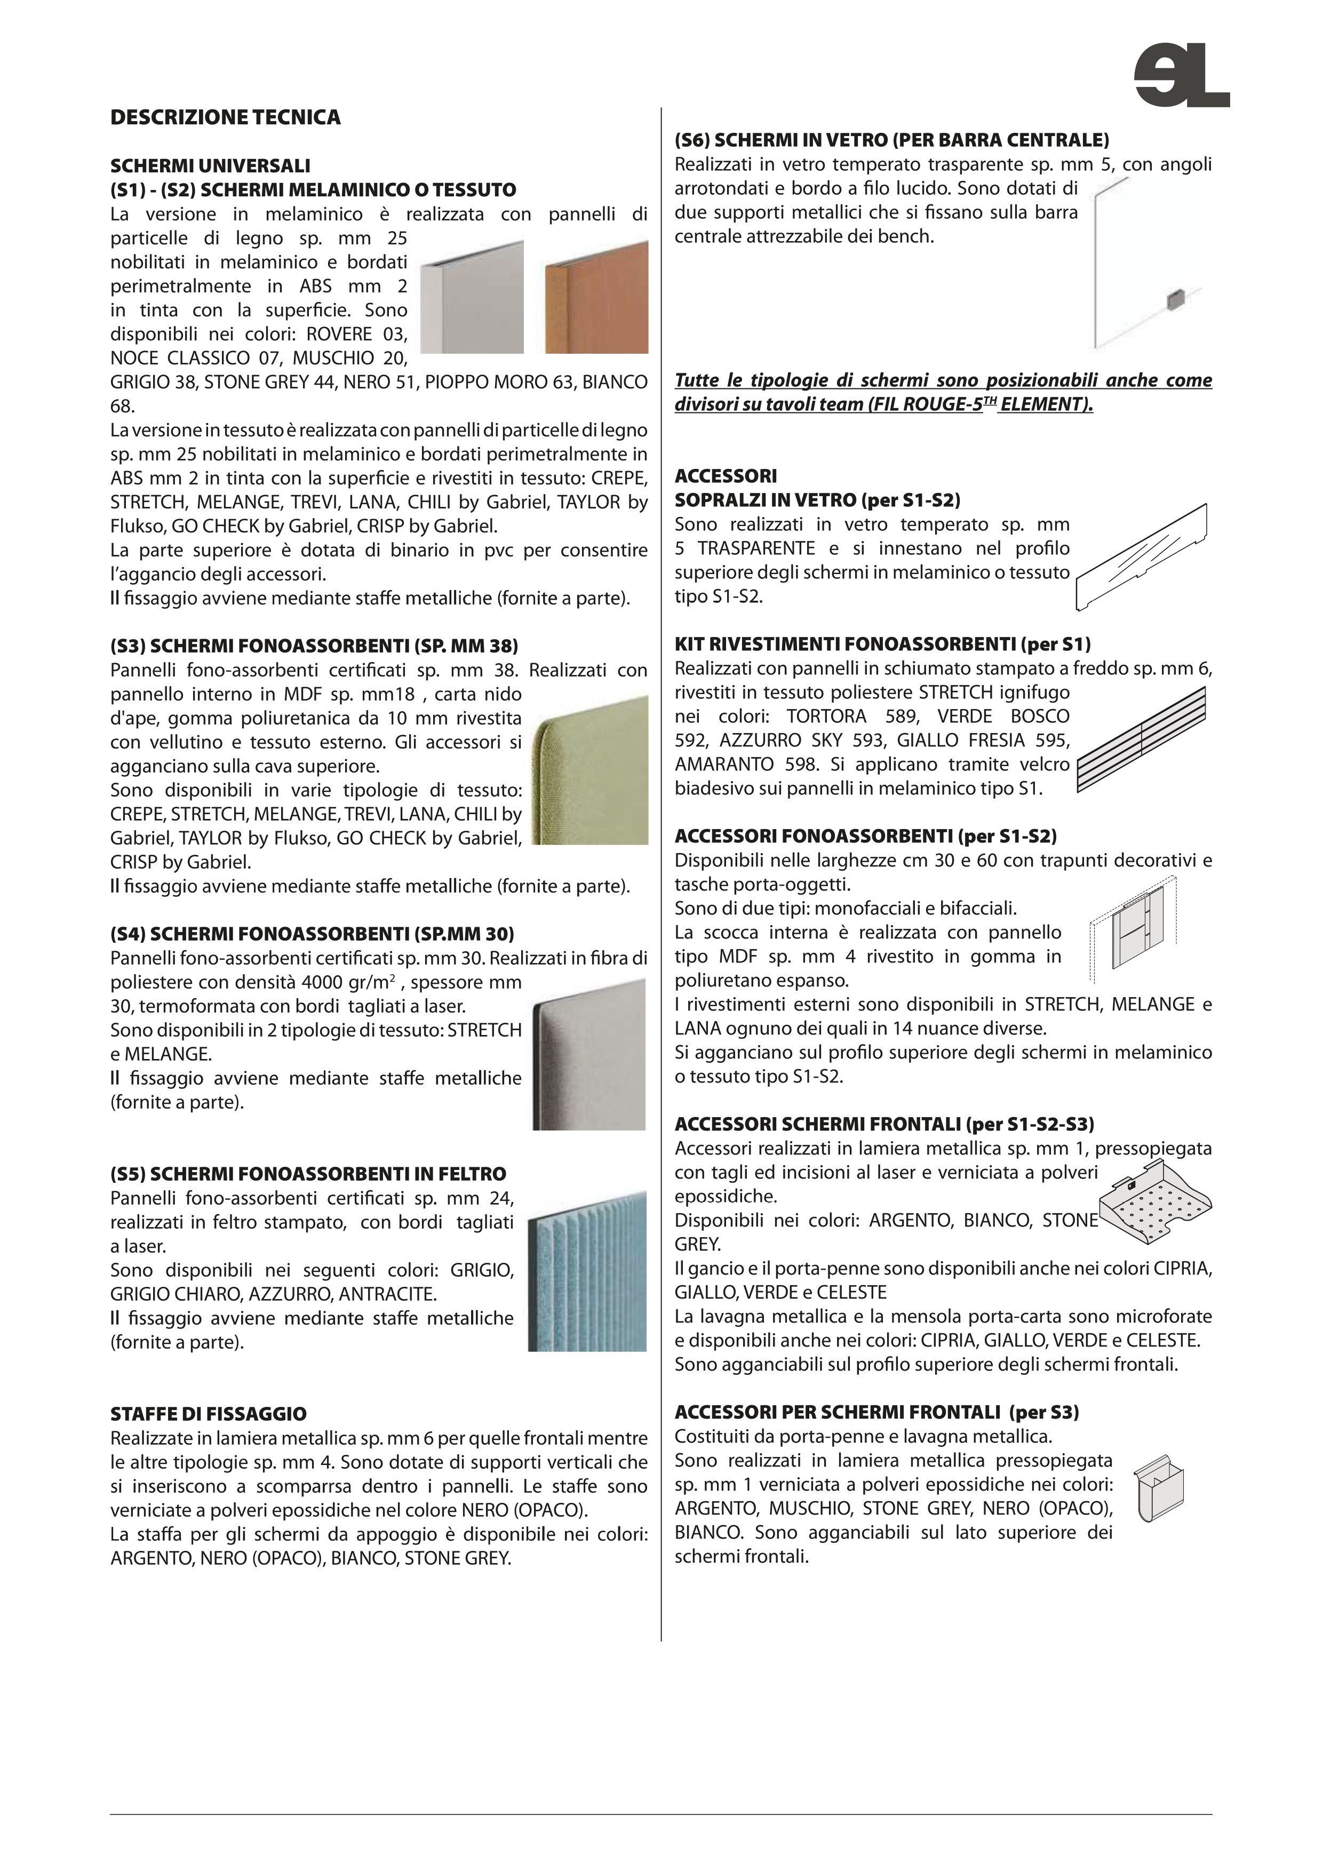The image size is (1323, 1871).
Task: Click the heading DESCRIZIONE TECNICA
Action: pyautogui.click(x=226, y=118)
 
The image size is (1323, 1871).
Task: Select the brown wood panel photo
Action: pyautogui.click(x=596, y=297)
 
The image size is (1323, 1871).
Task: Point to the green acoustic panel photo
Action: pyautogui.click(x=589, y=769)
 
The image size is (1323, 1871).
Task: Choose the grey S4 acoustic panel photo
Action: pyautogui.click(x=588, y=1055)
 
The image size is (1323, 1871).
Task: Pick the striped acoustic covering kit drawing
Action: pyautogui.click(x=1141, y=739)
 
